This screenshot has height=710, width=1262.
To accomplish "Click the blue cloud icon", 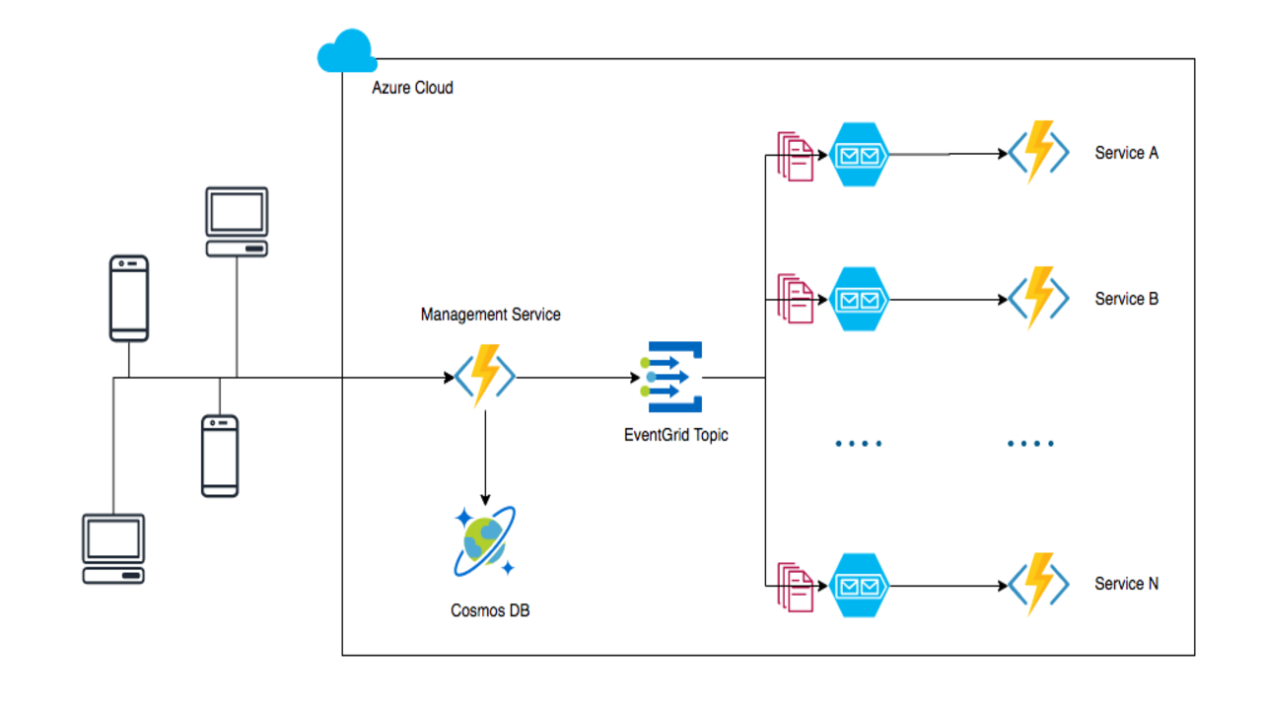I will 347,51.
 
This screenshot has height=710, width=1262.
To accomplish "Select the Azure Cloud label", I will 412,88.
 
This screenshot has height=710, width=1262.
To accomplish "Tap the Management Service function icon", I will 484,376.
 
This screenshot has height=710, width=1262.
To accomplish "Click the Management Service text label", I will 490,315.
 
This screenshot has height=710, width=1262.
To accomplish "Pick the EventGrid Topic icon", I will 674,377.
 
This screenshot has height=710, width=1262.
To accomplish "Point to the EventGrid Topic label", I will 675,434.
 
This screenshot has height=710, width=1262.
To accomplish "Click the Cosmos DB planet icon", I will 484,541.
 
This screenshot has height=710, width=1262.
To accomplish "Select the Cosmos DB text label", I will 490,610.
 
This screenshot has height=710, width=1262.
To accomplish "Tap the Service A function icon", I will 1038,153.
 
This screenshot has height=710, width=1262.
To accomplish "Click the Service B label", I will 1126,299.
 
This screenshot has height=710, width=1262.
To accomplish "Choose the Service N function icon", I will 1038,585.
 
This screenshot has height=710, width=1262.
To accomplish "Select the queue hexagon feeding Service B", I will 858,299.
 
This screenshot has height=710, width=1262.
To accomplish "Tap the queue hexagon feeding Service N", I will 858,586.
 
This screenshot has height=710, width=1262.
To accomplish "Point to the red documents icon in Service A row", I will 796,155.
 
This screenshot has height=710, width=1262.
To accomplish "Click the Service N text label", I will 1126,584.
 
